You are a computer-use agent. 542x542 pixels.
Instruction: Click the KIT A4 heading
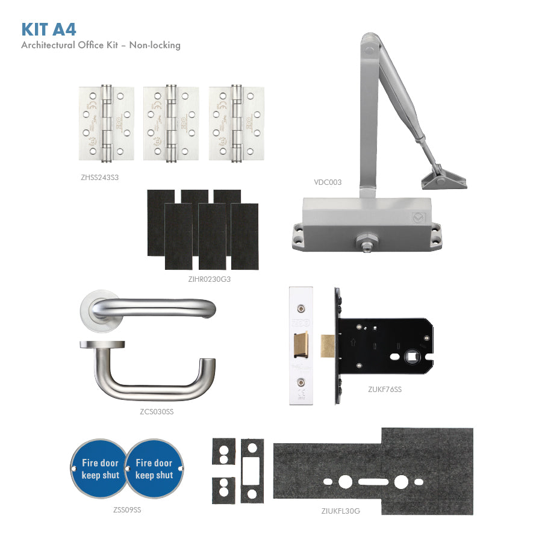[x=49, y=29]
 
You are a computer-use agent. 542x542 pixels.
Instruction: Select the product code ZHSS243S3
[x=99, y=178]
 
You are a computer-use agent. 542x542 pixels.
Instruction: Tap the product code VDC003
[x=327, y=181]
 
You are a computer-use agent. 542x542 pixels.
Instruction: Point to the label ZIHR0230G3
[x=209, y=279]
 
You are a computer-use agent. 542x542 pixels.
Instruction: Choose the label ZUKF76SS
[x=385, y=390]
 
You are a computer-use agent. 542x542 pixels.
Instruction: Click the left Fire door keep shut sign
[x=100, y=469]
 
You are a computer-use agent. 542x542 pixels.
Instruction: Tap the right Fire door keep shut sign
[x=154, y=469]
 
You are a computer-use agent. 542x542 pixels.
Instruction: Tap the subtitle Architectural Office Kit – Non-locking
[x=101, y=45]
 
